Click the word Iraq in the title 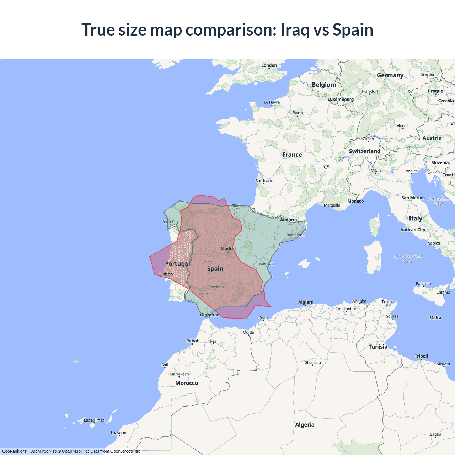(x=295, y=30)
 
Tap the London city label (x=269, y=65)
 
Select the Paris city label (x=298, y=113)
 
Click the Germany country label (x=390, y=75)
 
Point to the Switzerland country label (x=364, y=151)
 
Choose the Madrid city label (x=228, y=249)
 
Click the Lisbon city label (x=166, y=274)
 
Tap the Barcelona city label (x=295, y=235)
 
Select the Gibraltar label (x=209, y=315)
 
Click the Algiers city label (x=306, y=302)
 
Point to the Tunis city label (x=387, y=302)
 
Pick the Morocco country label (x=187, y=383)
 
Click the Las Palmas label (x=94, y=420)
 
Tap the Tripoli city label (x=421, y=356)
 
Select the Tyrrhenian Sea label (x=408, y=258)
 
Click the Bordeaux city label (x=264, y=181)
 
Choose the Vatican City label (x=413, y=230)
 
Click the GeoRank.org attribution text (x=14, y=451)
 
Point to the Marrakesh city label (x=179, y=374)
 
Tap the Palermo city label (x=423, y=284)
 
